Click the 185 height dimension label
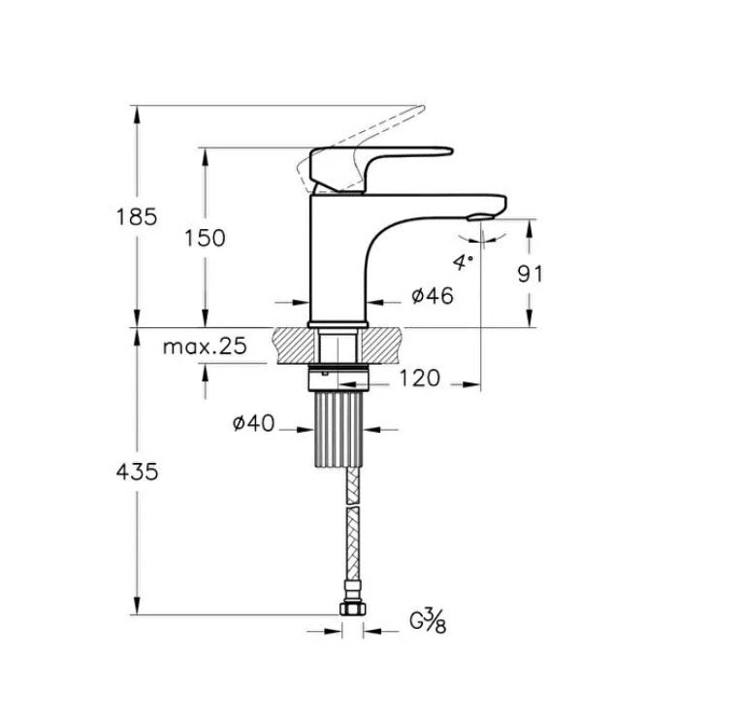[137, 216]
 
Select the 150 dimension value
[204, 238]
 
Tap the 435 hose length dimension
[137, 472]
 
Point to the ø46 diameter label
[432, 297]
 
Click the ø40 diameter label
[253, 423]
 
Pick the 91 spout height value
[530, 273]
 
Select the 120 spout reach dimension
[419, 378]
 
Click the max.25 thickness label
[204, 346]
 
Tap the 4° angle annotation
[462, 260]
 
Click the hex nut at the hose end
[352, 610]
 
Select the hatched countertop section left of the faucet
[294, 345]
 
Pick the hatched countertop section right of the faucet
[383, 345]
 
